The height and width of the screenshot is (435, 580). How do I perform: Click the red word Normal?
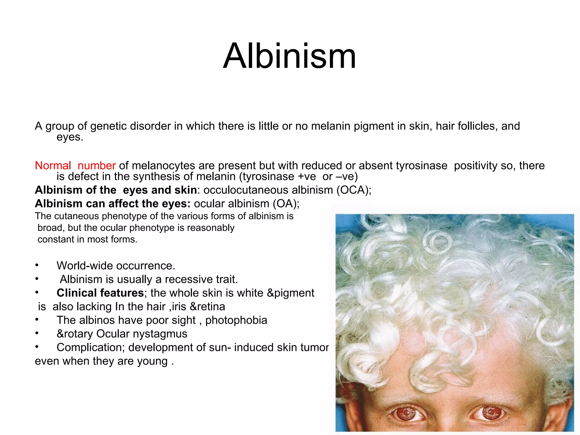click(53, 165)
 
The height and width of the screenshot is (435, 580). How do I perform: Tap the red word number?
click(97, 165)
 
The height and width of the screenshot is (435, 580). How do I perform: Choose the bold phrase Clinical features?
click(100, 293)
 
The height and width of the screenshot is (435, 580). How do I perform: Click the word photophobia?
click(236, 320)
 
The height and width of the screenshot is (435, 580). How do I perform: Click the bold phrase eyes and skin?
click(160, 190)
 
